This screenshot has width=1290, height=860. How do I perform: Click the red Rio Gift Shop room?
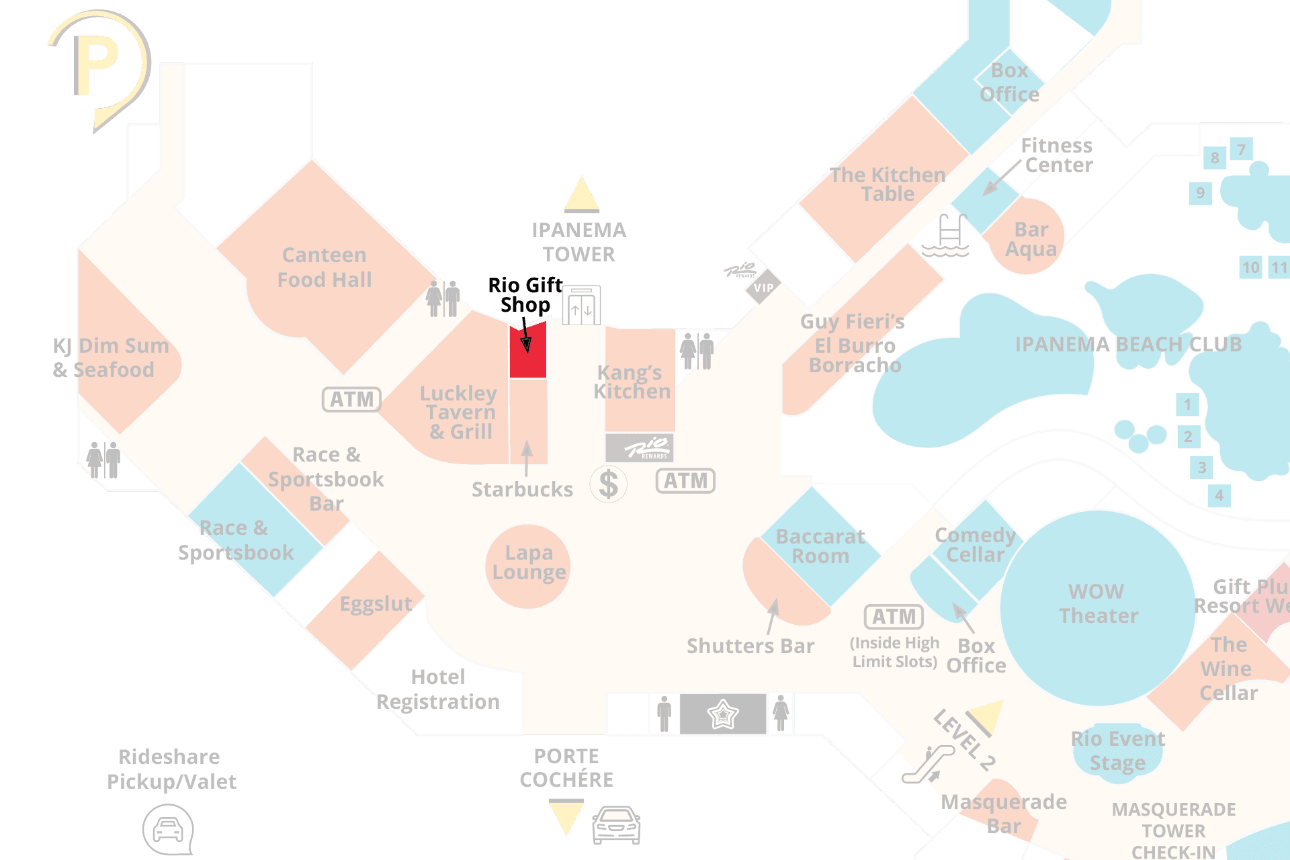[527, 351]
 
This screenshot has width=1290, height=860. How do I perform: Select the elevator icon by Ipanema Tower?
[581, 306]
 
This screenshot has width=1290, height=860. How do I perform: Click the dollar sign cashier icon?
[609, 484]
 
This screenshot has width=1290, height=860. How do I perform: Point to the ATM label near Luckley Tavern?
[351, 399]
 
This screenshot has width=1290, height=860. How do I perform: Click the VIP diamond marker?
[763, 288]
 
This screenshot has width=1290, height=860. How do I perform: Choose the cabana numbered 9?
[1201, 193]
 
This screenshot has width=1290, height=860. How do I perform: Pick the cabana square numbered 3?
[1202, 467]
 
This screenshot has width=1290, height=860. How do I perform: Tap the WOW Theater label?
[1098, 603]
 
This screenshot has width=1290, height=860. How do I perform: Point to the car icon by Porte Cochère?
[615, 825]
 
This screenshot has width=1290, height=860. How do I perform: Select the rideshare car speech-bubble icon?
[168, 830]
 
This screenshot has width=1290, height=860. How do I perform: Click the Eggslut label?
[376, 603]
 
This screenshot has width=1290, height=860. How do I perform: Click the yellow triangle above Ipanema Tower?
[582, 194]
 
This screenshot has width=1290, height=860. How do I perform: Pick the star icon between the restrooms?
[722, 714]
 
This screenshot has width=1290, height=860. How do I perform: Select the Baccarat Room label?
[820, 546]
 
